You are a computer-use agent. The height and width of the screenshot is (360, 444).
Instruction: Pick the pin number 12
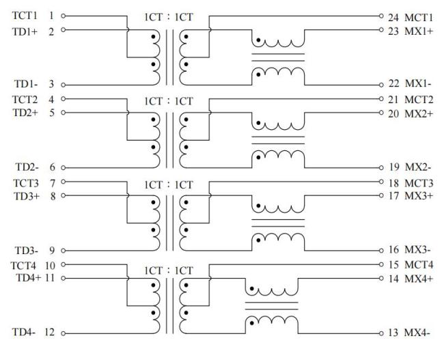(x=51, y=333)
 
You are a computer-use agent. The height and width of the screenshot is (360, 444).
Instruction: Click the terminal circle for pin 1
(x=64, y=14)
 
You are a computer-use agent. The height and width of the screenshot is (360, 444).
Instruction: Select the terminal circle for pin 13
(x=384, y=333)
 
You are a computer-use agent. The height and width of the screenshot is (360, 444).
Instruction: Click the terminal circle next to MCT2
(x=384, y=99)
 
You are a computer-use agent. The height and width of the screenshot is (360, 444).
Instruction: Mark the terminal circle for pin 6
(x=64, y=167)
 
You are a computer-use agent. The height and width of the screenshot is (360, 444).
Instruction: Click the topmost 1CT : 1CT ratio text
(x=168, y=16)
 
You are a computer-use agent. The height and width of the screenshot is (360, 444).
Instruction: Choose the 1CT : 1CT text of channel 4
(x=168, y=269)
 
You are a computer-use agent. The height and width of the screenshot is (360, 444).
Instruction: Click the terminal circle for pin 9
(x=64, y=251)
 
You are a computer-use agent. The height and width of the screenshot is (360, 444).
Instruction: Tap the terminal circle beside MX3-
(x=384, y=251)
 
